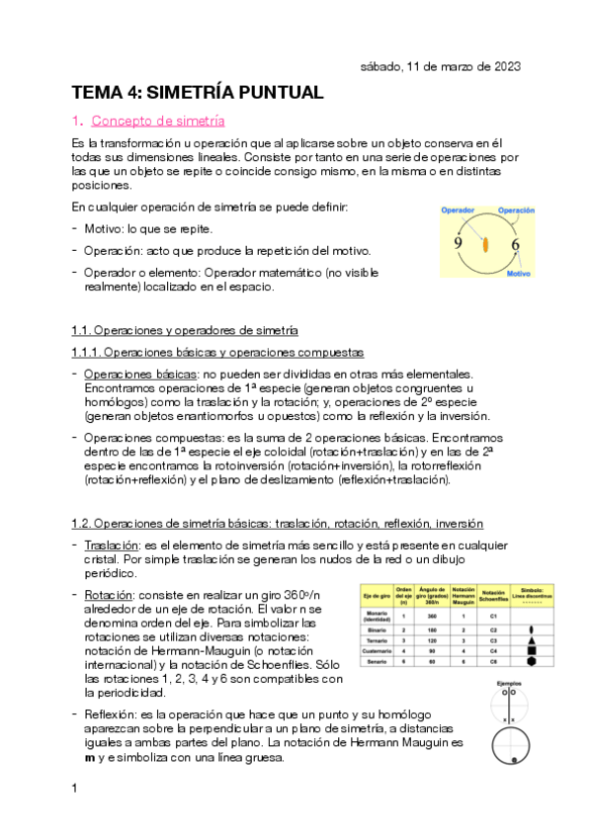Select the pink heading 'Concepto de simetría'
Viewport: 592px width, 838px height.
157,122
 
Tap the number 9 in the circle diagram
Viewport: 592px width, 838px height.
458,244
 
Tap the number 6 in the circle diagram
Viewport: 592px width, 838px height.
515,244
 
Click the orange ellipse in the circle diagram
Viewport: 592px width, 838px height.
485,244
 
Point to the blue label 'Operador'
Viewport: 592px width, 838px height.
459,210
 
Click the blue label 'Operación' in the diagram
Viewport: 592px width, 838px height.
516,210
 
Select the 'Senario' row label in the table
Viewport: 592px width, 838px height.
377,661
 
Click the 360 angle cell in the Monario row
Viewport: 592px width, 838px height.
432,615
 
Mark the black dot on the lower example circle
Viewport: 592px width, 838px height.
514,759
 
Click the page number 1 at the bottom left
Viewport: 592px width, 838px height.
75,788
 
